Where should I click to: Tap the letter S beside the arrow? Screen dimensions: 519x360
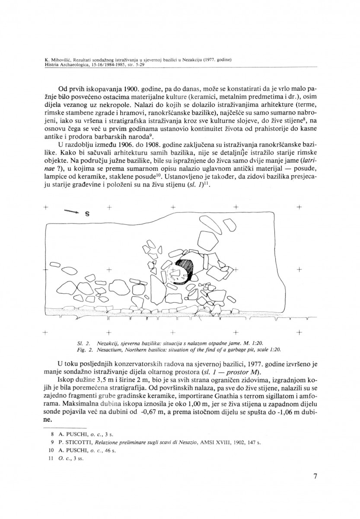click(x=87, y=214)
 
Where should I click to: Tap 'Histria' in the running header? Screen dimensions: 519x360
click(x=53, y=65)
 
